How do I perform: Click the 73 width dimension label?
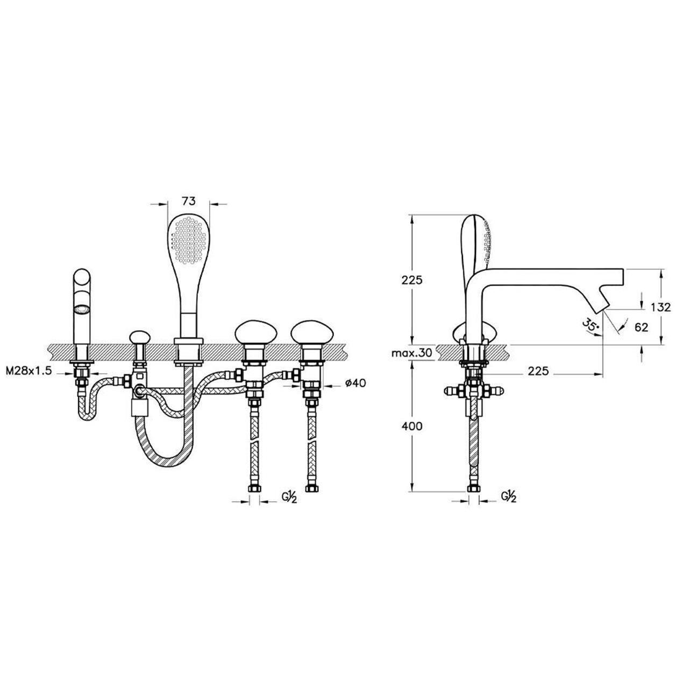click(x=189, y=201)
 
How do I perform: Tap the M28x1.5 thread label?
click(x=29, y=371)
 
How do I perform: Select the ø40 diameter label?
click(x=355, y=383)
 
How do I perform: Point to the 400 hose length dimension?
click(x=412, y=426)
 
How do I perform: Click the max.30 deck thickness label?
click(x=412, y=353)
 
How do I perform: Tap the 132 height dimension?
click(x=661, y=307)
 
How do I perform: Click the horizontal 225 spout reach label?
click(x=538, y=371)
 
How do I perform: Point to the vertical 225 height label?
click(x=412, y=280)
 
